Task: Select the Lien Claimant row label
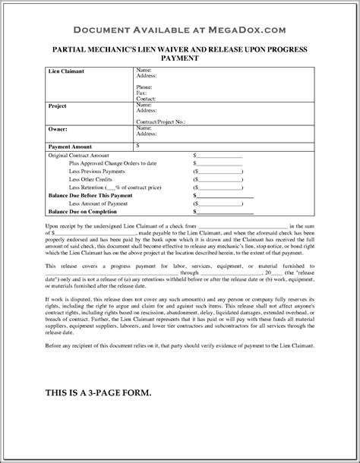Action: tap(46, 71)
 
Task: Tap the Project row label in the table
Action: tap(37, 107)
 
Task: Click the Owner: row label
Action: tap(37, 129)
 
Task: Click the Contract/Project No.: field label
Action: tap(161, 121)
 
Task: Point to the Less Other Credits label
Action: tap(90, 179)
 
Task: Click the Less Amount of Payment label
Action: tap(97, 203)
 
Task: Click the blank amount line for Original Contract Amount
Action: tap(219, 155)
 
